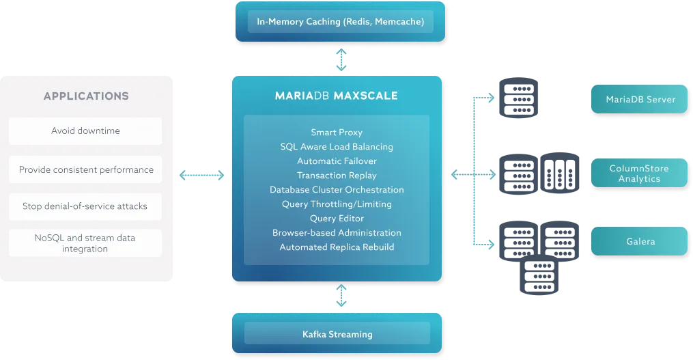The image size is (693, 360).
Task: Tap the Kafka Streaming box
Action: click(x=337, y=334)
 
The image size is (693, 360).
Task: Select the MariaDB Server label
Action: click(x=640, y=100)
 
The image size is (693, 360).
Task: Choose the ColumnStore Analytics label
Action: click(x=639, y=174)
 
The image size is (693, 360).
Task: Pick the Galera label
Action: click(x=640, y=241)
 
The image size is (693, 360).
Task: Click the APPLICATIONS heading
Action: click(x=86, y=96)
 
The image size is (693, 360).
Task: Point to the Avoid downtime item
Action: click(x=85, y=130)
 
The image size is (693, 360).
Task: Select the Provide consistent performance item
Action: click(x=86, y=169)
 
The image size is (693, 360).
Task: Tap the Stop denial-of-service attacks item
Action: click(x=85, y=206)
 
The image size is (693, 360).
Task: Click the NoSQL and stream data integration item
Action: click(x=85, y=243)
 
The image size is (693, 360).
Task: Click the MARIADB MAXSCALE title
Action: click(x=337, y=96)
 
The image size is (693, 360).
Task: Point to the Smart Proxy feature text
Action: click(x=337, y=132)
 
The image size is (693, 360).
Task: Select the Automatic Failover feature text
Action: click(x=337, y=161)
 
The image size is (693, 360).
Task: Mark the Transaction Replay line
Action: click(x=337, y=176)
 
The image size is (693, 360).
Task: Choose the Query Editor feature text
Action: click(x=337, y=219)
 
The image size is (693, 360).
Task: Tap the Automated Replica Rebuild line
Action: click(x=337, y=247)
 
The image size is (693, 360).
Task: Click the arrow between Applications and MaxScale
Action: click(x=200, y=175)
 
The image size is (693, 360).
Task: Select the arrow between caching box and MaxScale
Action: click(x=341, y=60)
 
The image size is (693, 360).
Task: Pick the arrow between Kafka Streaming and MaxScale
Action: click(x=341, y=298)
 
